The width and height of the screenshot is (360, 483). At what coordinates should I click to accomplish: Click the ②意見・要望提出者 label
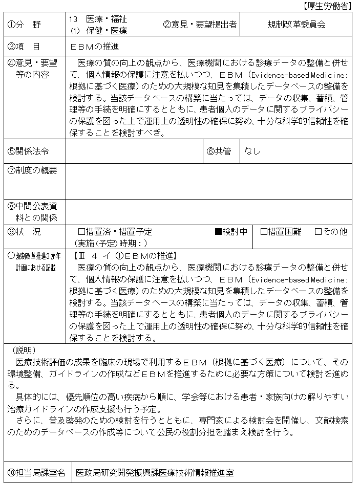[x=200, y=25]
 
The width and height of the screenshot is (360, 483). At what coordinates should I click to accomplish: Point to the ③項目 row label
[x=25, y=47]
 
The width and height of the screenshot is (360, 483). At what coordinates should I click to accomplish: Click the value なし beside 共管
[x=252, y=151]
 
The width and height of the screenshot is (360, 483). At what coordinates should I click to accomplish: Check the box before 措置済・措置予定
[x=81, y=232]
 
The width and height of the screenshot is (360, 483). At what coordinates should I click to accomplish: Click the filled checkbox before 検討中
[x=218, y=232]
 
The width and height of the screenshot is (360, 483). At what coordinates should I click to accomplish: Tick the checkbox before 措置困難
[x=264, y=232]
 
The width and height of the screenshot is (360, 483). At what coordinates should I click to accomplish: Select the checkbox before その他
[x=318, y=232]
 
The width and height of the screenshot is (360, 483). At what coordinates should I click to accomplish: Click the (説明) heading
[x=24, y=350]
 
